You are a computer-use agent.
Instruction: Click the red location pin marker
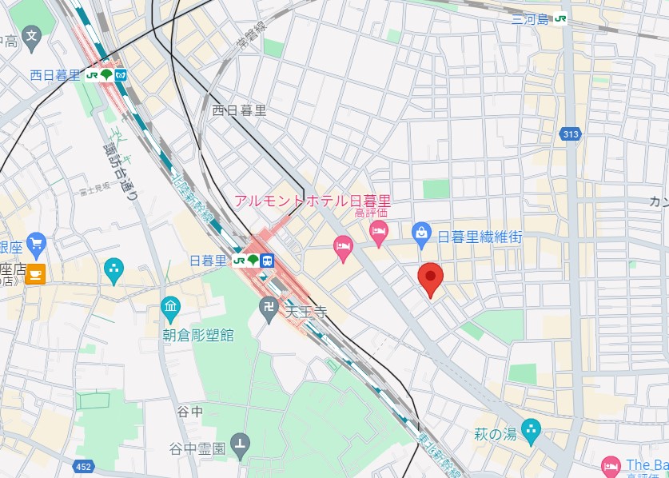(x=432, y=279)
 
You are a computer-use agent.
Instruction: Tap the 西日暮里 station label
(x=55, y=75)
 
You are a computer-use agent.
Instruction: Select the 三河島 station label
(x=532, y=18)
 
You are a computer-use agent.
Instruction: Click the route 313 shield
(x=570, y=134)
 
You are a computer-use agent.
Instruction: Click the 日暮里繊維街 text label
(x=480, y=237)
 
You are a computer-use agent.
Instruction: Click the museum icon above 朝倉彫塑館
(x=170, y=306)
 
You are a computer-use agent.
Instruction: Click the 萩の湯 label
(x=494, y=434)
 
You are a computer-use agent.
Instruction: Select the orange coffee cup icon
(x=35, y=274)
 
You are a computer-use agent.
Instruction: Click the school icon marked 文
(x=31, y=35)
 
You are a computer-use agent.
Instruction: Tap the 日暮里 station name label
(x=209, y=261)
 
